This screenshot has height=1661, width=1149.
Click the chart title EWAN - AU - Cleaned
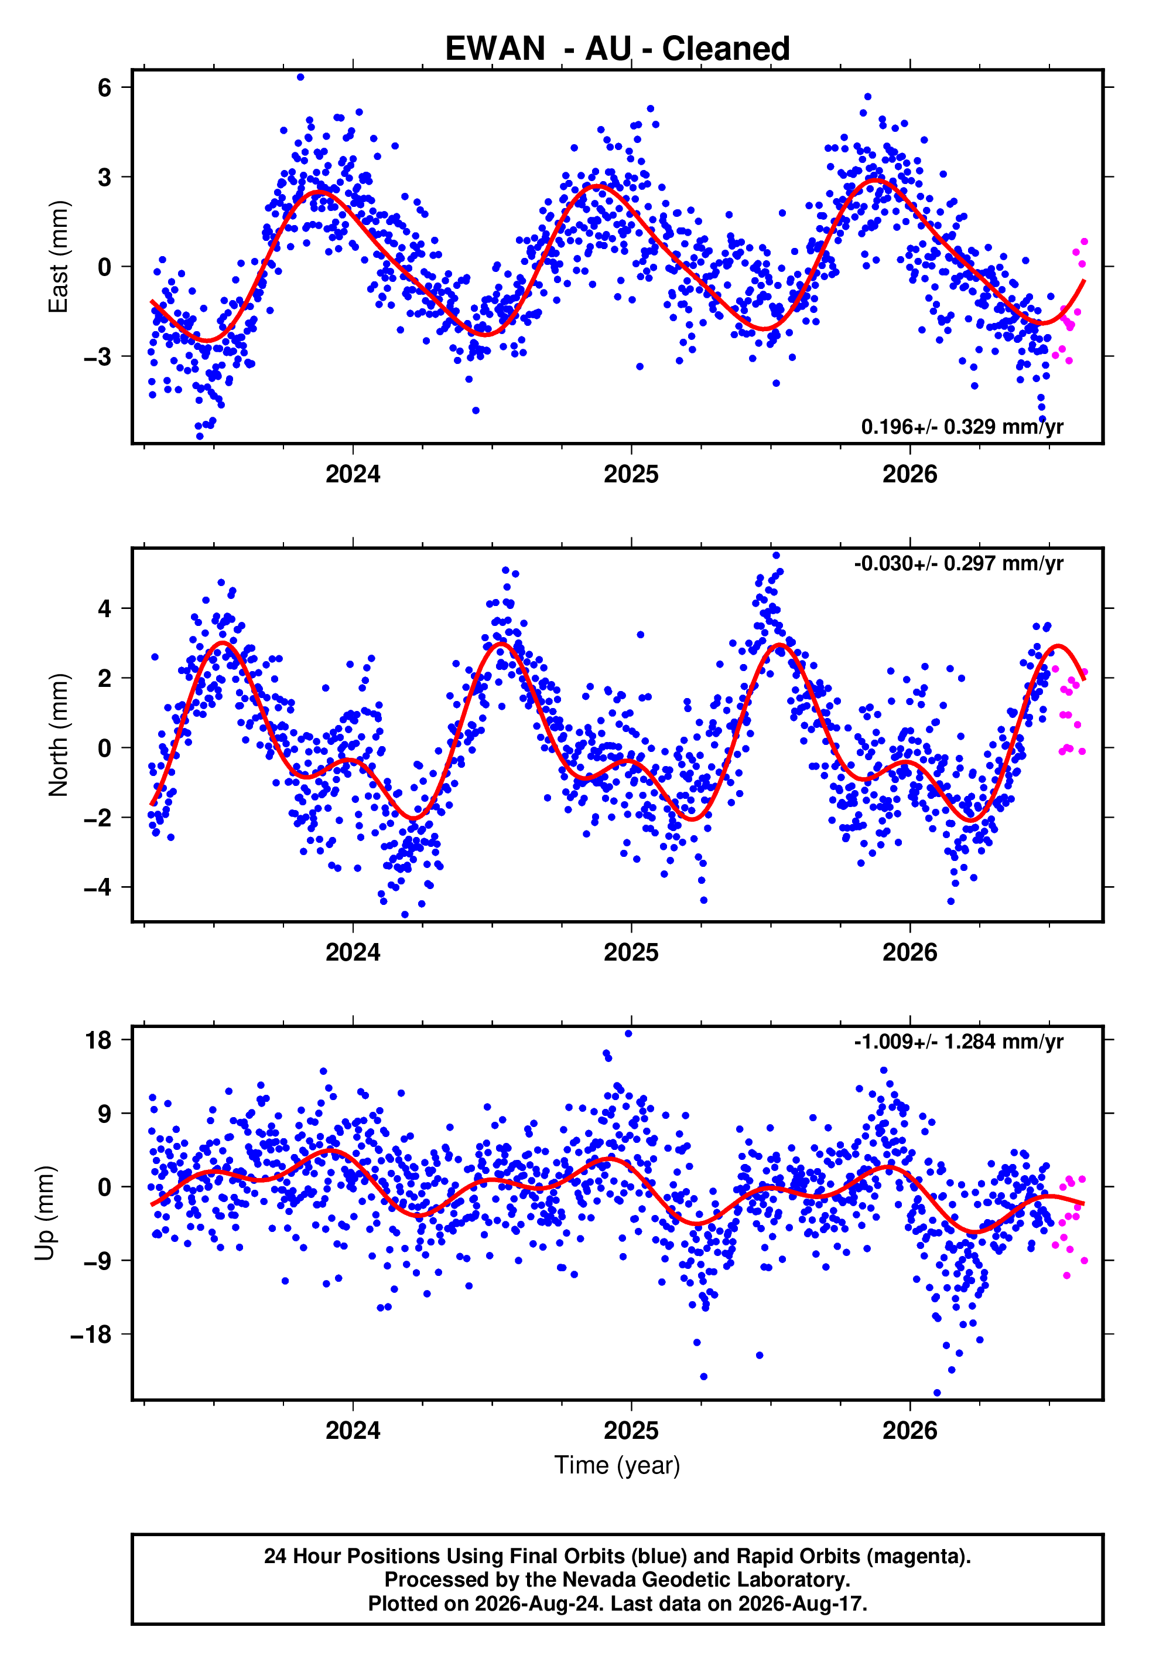[x=617, y=49]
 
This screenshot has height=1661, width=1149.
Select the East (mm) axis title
[x=59, y=257]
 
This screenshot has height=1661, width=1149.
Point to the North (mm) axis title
[x=59, y=735]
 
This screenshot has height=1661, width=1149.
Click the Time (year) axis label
[x=617, y=1465]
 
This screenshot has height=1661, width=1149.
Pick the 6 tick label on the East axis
[x=105, y=88]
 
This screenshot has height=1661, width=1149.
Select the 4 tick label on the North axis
[x=105, y=608]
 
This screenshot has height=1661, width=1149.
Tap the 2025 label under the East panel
[x=631, y=474]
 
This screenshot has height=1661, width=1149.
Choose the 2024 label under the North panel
[x=353, y=952]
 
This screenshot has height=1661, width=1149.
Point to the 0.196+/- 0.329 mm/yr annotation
[x=962, y=427]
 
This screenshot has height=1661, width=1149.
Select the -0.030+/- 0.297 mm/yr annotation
[x=958, y=563]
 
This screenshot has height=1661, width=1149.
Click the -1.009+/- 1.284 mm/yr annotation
[x=958, y=1041]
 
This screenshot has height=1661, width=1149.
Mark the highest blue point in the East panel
[x=300, y=77]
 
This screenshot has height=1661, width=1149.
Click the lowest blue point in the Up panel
[x=936, y=1393]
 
